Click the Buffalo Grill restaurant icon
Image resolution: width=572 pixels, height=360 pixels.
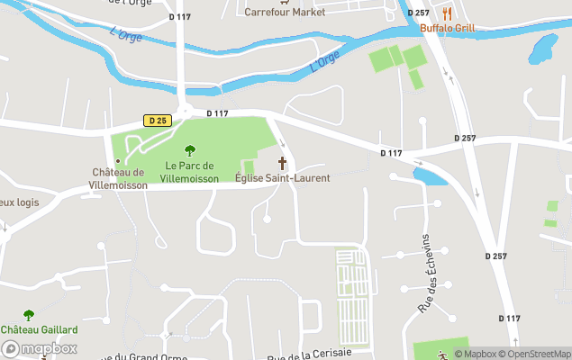(447, 13)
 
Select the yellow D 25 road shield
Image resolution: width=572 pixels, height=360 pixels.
(157, 120)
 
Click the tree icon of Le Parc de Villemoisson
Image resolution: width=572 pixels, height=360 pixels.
(189, 150)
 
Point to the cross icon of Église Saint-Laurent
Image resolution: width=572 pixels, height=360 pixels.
(282, 163)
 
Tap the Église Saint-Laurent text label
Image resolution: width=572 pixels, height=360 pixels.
(282, 178)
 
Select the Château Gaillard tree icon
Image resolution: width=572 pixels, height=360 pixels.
(28, 315)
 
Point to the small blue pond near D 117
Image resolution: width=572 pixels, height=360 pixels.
(430, 175)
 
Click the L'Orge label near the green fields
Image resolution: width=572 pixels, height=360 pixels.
(323, 61)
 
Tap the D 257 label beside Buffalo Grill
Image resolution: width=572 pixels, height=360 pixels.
(418, 13)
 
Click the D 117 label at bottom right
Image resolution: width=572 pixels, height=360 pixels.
(509, 318)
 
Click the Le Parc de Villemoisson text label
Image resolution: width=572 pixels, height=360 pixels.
(189, 172)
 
